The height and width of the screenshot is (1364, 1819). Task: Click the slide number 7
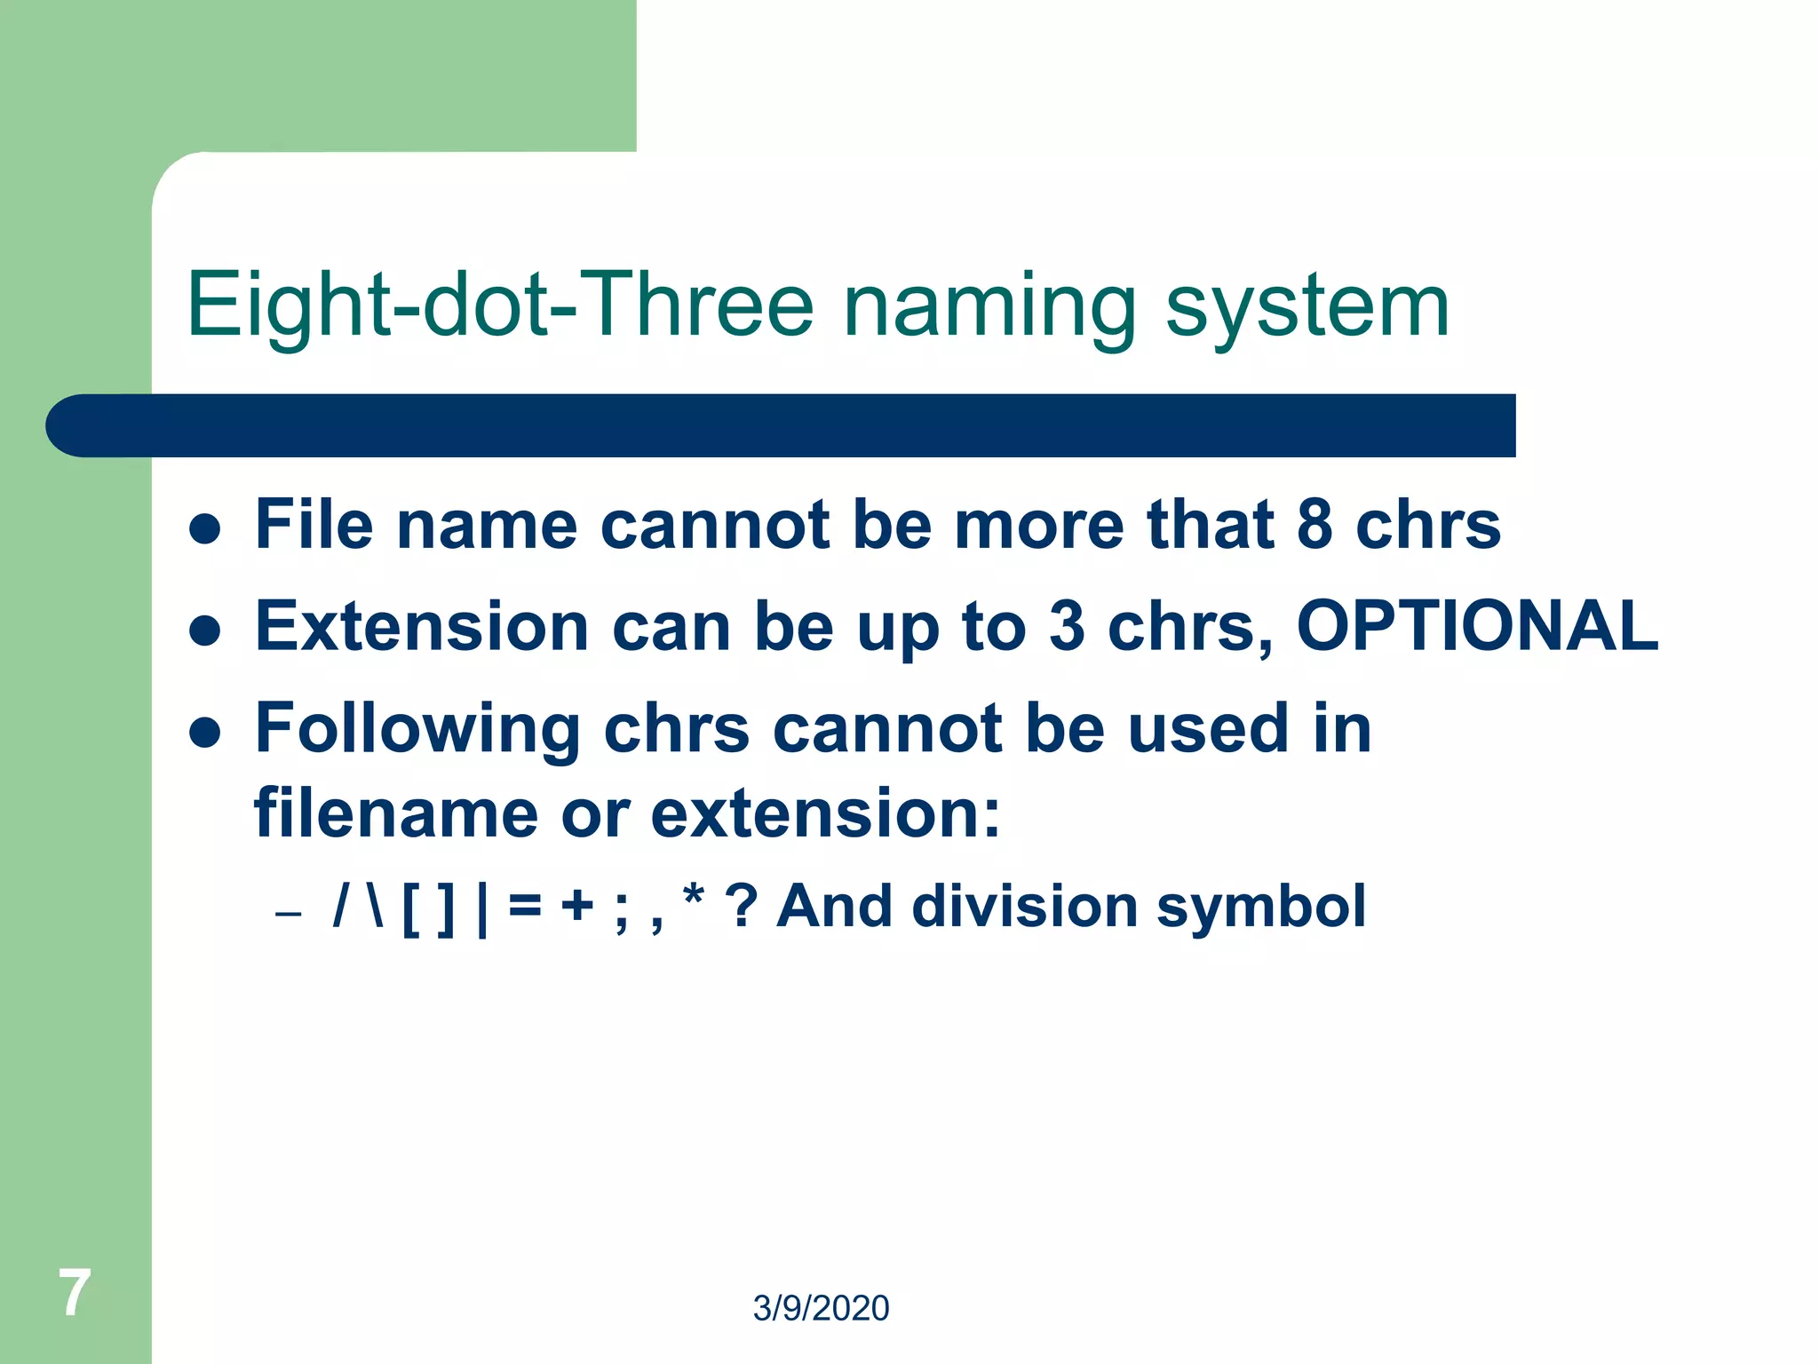point(75,1293)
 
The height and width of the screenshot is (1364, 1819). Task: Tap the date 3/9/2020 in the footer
point(821,1308)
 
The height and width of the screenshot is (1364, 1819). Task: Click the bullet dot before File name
point(205,528)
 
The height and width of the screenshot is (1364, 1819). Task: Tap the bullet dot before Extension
point(205,630)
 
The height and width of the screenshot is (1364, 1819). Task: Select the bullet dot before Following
point(205,733)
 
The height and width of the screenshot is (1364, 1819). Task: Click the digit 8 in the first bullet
point(1315,524)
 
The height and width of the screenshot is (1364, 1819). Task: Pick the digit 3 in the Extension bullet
point(1067,626)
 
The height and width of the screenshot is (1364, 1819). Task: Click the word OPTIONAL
point(1477,626)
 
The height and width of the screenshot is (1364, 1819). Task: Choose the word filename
point(396,813)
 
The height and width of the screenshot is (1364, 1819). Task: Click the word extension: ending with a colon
point(825,813)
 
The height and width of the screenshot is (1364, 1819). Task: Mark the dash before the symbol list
point(289,914)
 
